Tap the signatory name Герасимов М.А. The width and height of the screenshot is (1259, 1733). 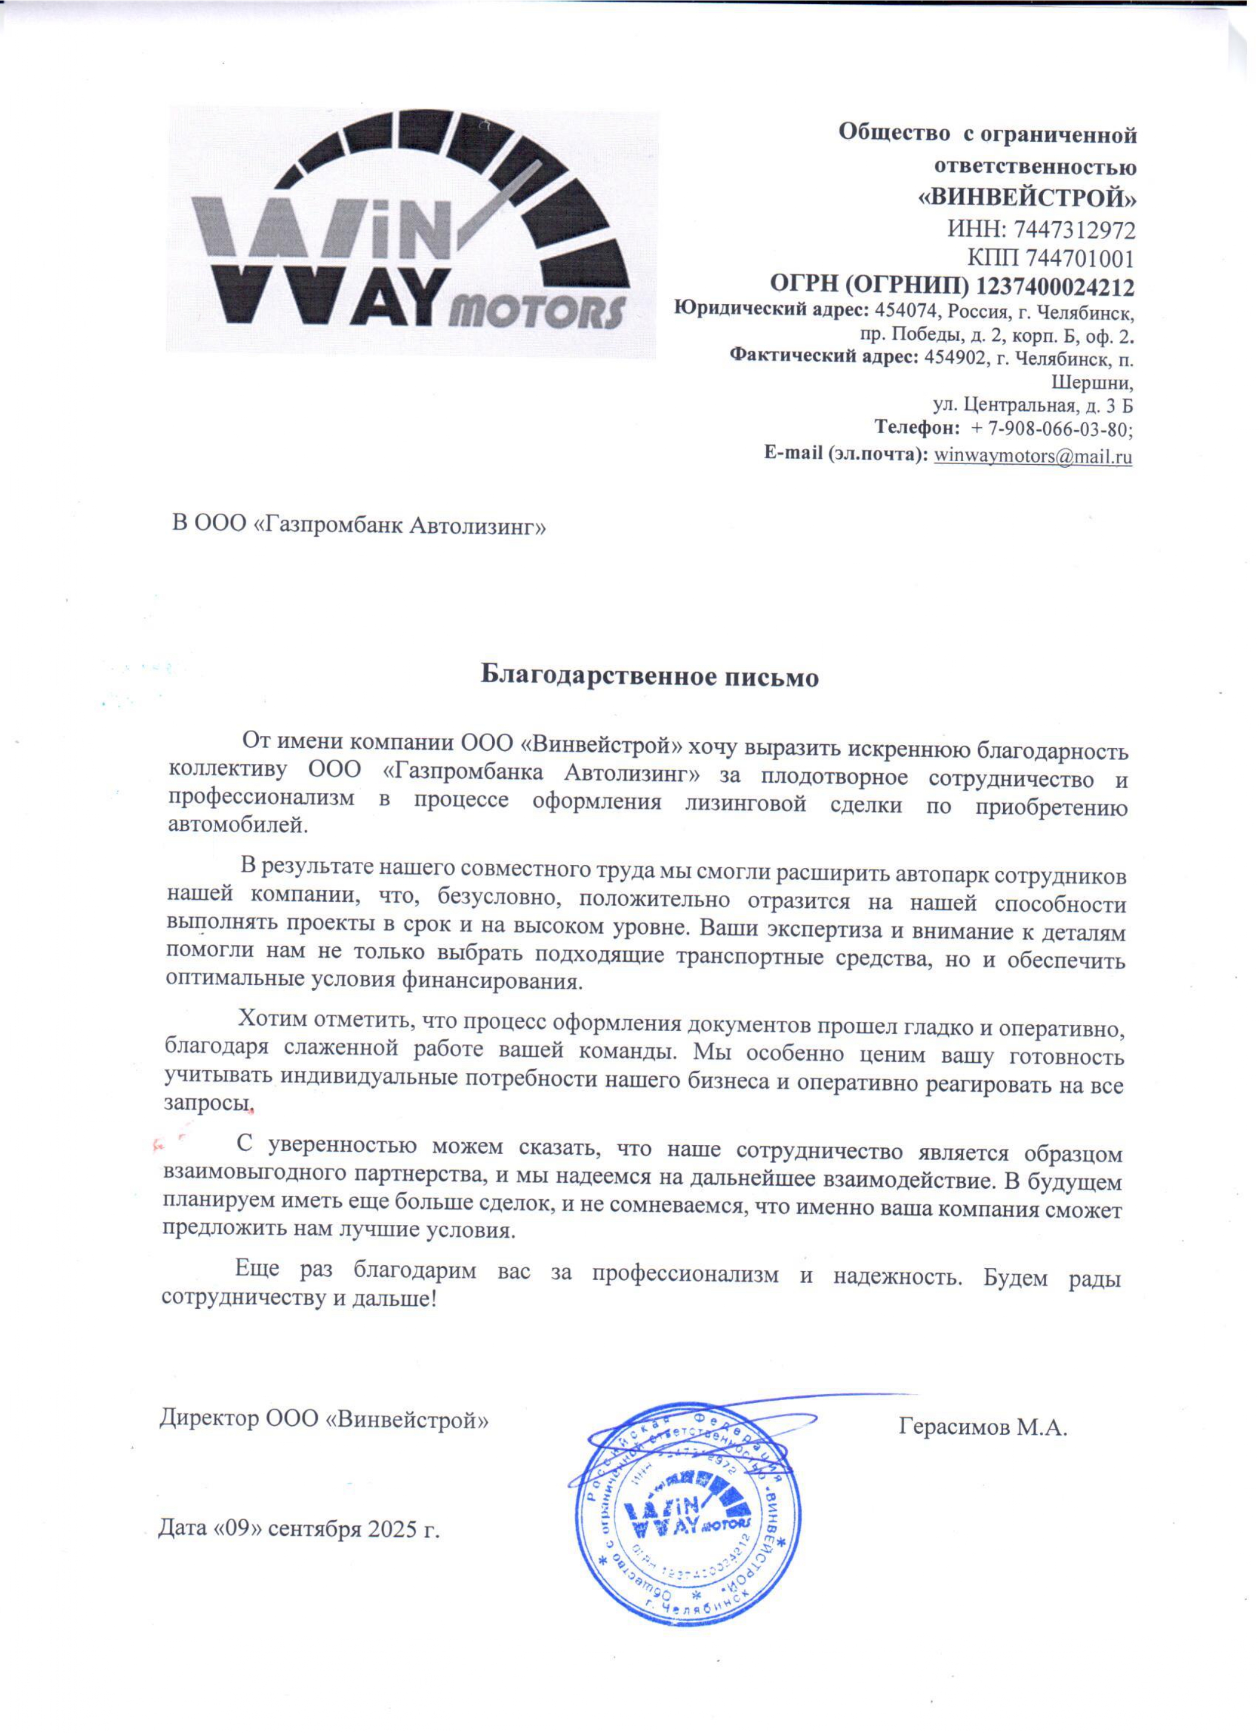[983, 1427]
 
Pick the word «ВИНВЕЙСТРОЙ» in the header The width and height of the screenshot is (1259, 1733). [1026, 198]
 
